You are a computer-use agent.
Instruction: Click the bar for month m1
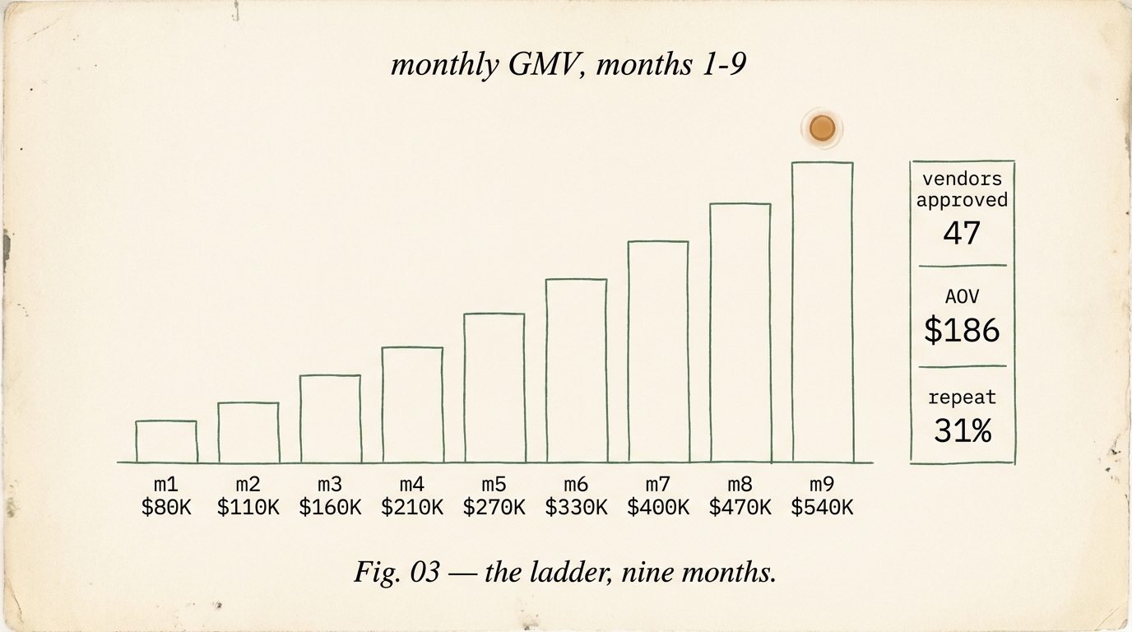[x=166, y=442]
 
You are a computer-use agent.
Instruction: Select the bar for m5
[x=494, y=388]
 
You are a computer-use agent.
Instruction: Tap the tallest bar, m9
[x=823, y=313]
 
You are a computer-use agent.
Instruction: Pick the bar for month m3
[x=330, y=419]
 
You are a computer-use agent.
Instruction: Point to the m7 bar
[x=658, y=351]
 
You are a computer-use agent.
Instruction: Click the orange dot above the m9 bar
[x=822, y=128]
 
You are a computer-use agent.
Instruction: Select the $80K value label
[x=166, y=508]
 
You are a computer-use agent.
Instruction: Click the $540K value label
[x=822, y=508]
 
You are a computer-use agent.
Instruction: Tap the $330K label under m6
[x=576, y=508]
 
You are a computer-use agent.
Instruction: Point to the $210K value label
[x=412, y=508]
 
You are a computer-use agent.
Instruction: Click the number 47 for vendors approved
[x=962, y=233]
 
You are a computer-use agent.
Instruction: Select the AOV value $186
[x=962, y=330]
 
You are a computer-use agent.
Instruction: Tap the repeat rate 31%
[x=962, y=430]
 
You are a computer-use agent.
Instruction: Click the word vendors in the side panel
[x=962, y=179]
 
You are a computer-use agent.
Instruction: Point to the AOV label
[x=962, y=297]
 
